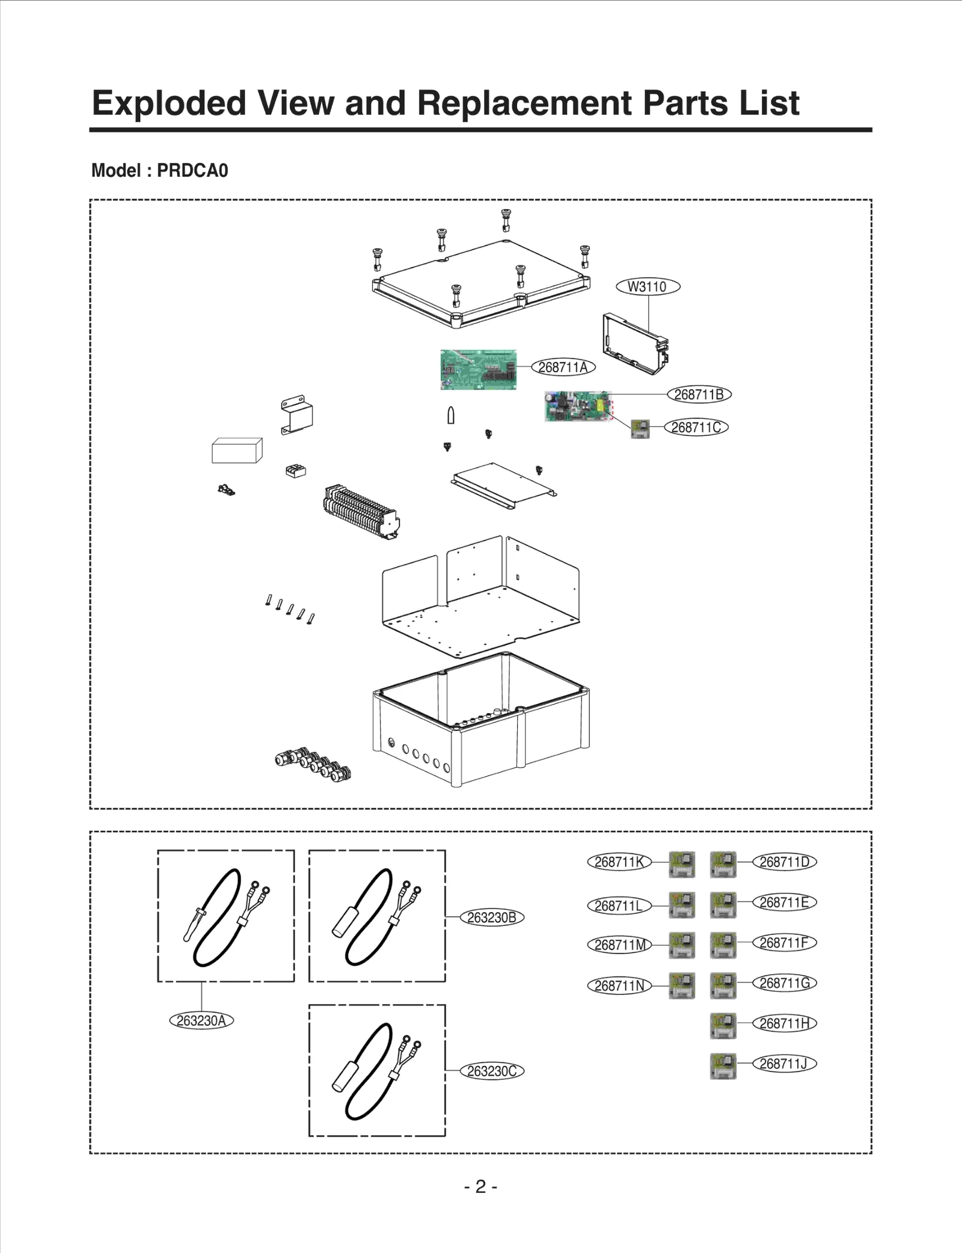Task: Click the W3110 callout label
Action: click(x=648, y=287)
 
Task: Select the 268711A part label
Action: click(x=563, y=367)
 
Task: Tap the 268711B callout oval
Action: click(x=699, y=394)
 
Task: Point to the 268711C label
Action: click(x=696, y=427)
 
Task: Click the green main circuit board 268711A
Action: click(x=478, y=369)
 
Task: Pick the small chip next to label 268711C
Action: click(x=640, y=429)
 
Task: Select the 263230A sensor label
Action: click(x=201, y=1020)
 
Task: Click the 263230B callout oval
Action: click(x=492, y=918)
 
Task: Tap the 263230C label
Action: click(x=492, y=1071)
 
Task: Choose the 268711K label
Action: click(x=619, y=862)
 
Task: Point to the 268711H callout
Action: click(x=784, y=1023)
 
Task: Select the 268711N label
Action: click(x=619, y=985)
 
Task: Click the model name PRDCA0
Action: click(x=192, y=171)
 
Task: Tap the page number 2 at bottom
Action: click(x=480, y=1186)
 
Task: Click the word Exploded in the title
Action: click(x=169, y=103)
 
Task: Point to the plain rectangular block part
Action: click(x=236, y=450)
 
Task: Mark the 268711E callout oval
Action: click(x=784, y=902)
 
